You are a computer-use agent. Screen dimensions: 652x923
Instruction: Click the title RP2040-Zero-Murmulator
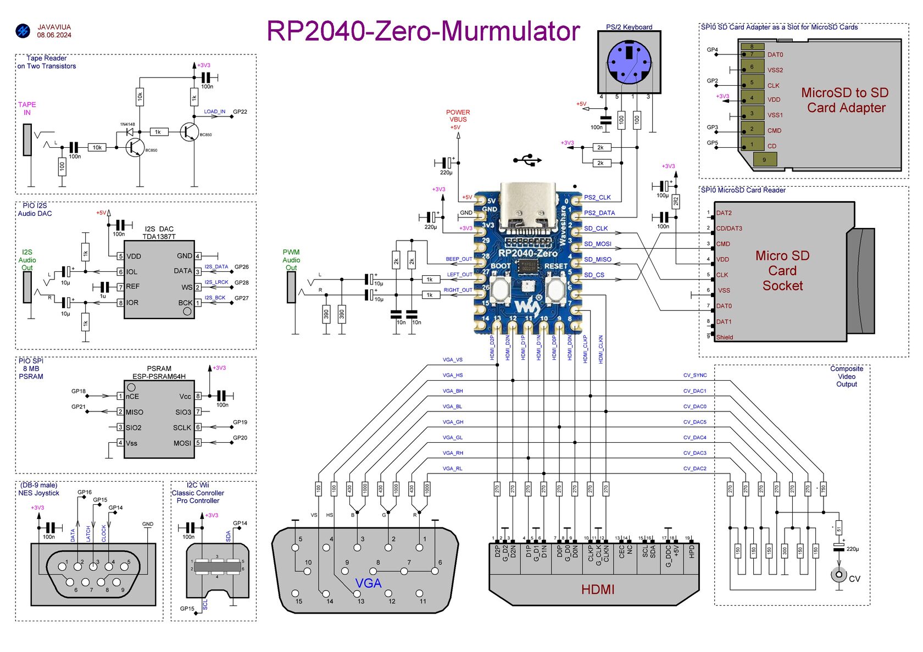pos(422,31)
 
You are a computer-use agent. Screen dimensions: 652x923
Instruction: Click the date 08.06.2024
pos(54,35)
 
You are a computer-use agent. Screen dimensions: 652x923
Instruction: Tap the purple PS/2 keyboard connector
pos(629,62)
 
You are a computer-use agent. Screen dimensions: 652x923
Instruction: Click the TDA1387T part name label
pos(159,237)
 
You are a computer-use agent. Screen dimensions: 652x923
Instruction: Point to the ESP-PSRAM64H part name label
pos(159,376)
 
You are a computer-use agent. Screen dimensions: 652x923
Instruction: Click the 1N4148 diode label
pos(127,124)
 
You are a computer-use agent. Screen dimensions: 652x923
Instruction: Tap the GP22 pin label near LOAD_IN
pos(240,112)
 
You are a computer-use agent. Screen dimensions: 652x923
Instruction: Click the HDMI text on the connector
pos(597,589)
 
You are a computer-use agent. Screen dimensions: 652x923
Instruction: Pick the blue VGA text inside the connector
pos(368,583)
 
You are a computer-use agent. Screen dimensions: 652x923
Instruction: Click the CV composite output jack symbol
pos(838,575)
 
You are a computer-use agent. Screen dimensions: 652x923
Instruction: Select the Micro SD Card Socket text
pos(782,271)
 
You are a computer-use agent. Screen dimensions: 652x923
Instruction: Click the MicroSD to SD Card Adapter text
pos(845,100)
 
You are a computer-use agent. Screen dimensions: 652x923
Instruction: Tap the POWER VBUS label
pos(458,116)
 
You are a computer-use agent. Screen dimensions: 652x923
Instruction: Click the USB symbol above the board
pos(527,160)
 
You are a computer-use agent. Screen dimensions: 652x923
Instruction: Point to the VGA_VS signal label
pos(452,360)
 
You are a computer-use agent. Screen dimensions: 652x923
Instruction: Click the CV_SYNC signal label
pos(694,375)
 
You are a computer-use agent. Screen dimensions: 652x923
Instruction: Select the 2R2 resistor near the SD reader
pos(676,202)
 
